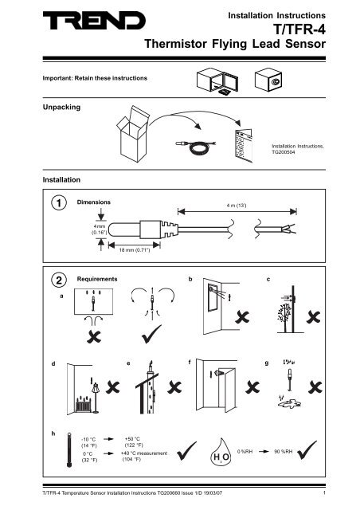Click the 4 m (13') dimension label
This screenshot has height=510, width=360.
point(237,203)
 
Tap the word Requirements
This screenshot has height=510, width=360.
point(97,280)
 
